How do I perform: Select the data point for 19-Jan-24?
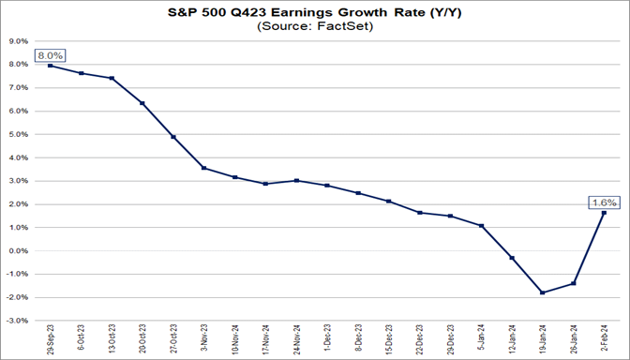(x=542, y=292)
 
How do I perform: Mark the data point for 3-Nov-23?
(x=202, y=169)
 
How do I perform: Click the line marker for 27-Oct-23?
(x=172, y=137)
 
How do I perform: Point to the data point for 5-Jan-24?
(x=481, y=226)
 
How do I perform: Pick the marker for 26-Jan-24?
(x=573, y=283)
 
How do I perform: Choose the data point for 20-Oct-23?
(x=142, y=103)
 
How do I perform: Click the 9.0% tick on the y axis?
(x=18, y=41)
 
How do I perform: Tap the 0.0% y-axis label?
(x=18, y=250)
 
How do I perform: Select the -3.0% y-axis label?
(x=17, y=321)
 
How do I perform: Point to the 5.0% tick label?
(x=18, y=134)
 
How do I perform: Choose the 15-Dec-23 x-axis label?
(x=388, y=339)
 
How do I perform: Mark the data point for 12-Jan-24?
(x=512, y=258)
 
